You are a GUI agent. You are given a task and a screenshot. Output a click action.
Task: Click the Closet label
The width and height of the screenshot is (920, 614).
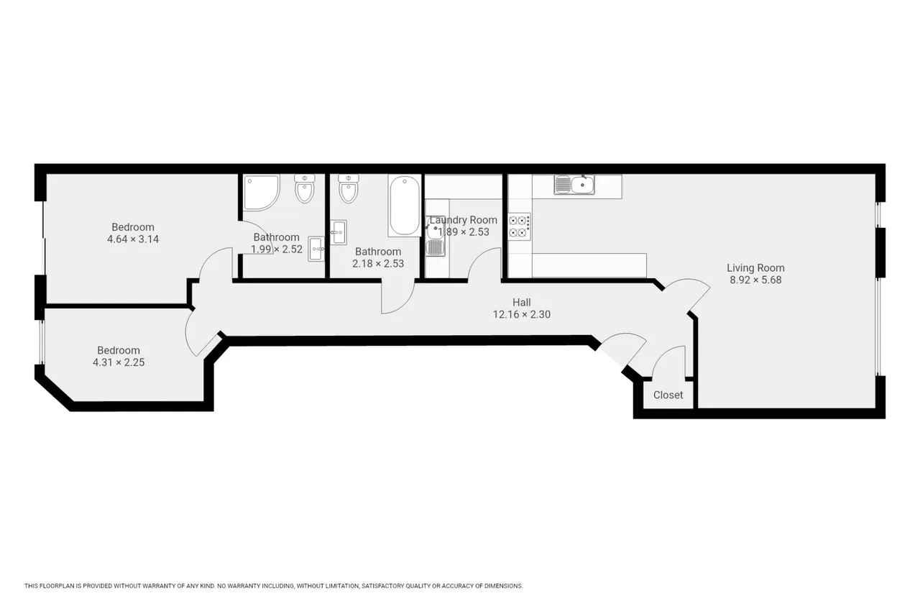pos(668,395)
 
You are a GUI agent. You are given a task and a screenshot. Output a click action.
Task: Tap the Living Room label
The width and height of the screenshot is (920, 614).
pos(755,268)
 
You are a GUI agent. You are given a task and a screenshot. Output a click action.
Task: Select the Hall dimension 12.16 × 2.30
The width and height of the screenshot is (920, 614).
pos(521,314)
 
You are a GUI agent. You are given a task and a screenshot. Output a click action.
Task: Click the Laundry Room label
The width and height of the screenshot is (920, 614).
pos(464,220)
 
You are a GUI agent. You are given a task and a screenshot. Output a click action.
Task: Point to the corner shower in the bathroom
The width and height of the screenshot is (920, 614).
pos(260,193)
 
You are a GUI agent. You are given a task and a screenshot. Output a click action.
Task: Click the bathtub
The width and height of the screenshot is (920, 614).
pos(405,206)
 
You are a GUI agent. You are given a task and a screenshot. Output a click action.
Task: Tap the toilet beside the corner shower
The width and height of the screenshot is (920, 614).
pos(304,188)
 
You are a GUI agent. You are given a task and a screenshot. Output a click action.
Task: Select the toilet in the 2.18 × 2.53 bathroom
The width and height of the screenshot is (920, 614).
pos(349,188)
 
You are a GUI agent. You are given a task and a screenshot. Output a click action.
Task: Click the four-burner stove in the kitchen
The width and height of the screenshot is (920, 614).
pos(519,226)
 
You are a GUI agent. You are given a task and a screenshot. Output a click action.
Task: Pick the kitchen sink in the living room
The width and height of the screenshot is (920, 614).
pos(574,185)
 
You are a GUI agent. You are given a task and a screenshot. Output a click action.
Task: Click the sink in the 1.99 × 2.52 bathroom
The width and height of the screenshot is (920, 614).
pos(316,249)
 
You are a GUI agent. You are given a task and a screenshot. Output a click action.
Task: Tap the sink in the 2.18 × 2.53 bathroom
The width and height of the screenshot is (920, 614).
pos(339,232)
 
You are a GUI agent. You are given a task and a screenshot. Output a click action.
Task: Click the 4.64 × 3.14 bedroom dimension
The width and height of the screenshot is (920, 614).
pos(133,239)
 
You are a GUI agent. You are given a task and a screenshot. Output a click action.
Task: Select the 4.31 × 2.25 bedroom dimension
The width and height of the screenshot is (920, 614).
pos(119,362)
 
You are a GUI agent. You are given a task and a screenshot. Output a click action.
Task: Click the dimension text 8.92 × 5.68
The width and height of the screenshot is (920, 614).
pos(755,280)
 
